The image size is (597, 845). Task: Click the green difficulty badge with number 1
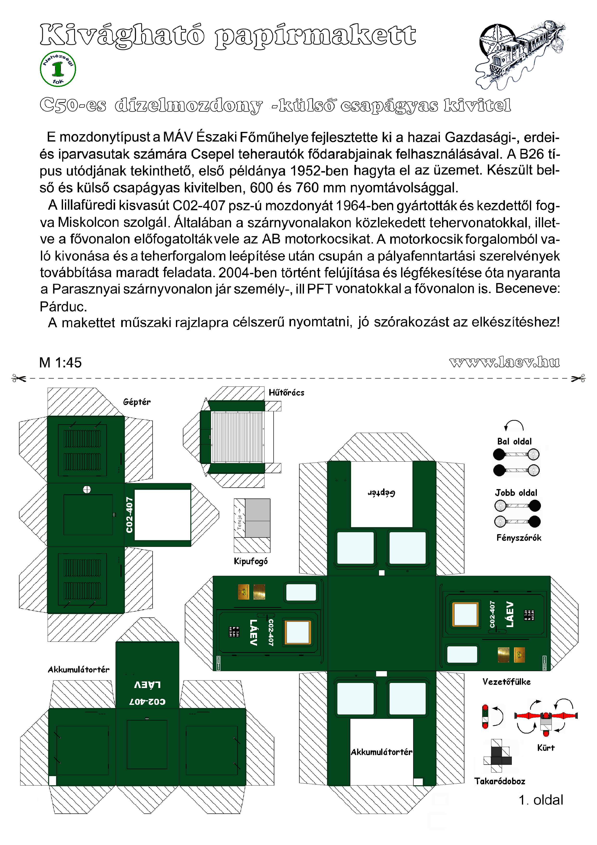[58, 69]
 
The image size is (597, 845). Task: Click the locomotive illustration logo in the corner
[522, 54]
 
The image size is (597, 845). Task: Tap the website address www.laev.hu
[504, 362]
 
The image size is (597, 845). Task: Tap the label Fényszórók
[519, 538]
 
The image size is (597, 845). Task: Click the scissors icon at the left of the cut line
[19, 378]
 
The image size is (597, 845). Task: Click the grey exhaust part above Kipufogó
[257, 518]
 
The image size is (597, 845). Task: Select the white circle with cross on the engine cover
[87, 490]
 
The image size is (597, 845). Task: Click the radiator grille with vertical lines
[237, 437]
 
